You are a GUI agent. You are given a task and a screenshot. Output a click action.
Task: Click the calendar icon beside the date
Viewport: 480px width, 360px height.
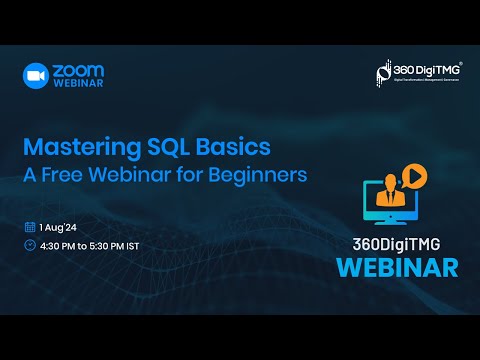click(30, 226)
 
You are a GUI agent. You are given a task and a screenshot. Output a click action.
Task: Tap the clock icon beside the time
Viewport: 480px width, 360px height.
click(30, 245)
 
